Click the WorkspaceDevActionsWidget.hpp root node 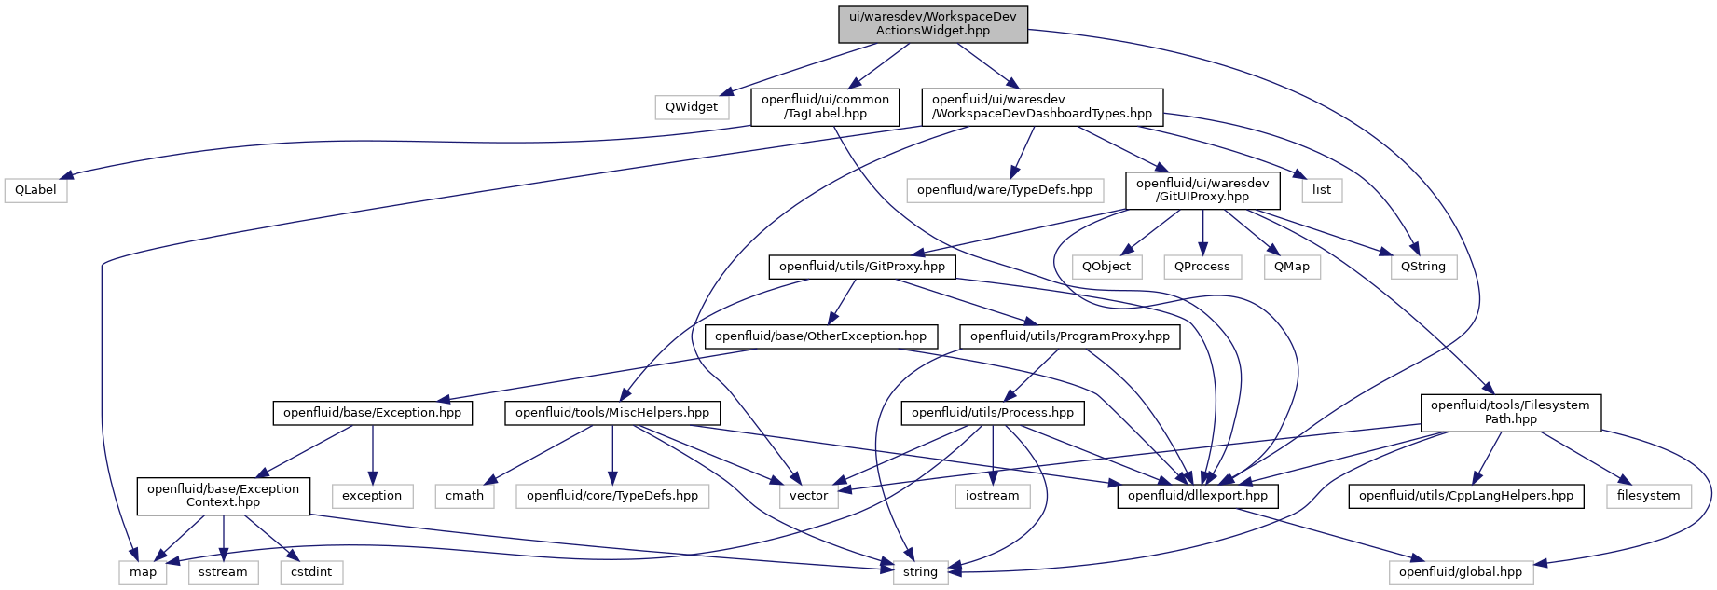click(932, 23)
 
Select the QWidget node click(691, 107)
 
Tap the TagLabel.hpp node click(825, 106)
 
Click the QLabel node click(35, 190)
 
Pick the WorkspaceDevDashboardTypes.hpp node click(1041, 106)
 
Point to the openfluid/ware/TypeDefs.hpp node click(1004, 190)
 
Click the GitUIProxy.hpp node click(1202, 190)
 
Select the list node click(1322, 190)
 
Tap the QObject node click(1106, 267)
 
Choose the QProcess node click(1202, 267)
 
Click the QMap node click(1291, 267)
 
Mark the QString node click(1422, 267)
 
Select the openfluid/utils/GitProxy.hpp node click(861, 267)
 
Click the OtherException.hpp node click(820, 336)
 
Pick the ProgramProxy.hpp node click(1069, 336)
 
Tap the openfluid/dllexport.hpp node click(1197, 496)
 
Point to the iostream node click(992, 496)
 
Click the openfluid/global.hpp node click(1460, 572)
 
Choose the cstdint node click(310, 572)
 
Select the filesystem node click(1648, 496)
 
